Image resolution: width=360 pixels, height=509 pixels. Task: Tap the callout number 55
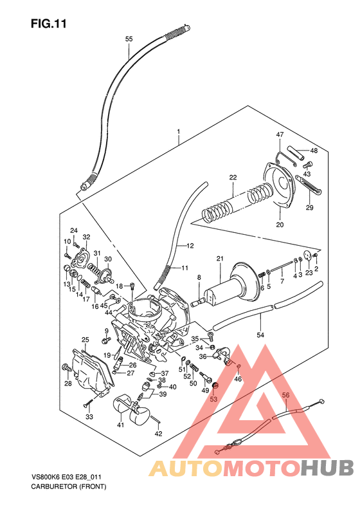point(129,39)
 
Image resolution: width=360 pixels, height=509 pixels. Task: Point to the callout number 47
point(280,134)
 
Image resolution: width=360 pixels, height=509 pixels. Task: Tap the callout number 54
point(260,335)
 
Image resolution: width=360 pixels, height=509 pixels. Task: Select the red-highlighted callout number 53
point(214,400)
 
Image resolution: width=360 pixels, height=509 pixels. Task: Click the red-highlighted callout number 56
point(286,394)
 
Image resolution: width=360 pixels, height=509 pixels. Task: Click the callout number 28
point(68,384)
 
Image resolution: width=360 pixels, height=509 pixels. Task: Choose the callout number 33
point(89,417)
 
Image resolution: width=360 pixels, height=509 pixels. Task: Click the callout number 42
point(157,434)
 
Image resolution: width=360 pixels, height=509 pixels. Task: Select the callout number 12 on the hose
point(190,246)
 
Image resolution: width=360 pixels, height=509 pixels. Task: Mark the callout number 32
point(86,237)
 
